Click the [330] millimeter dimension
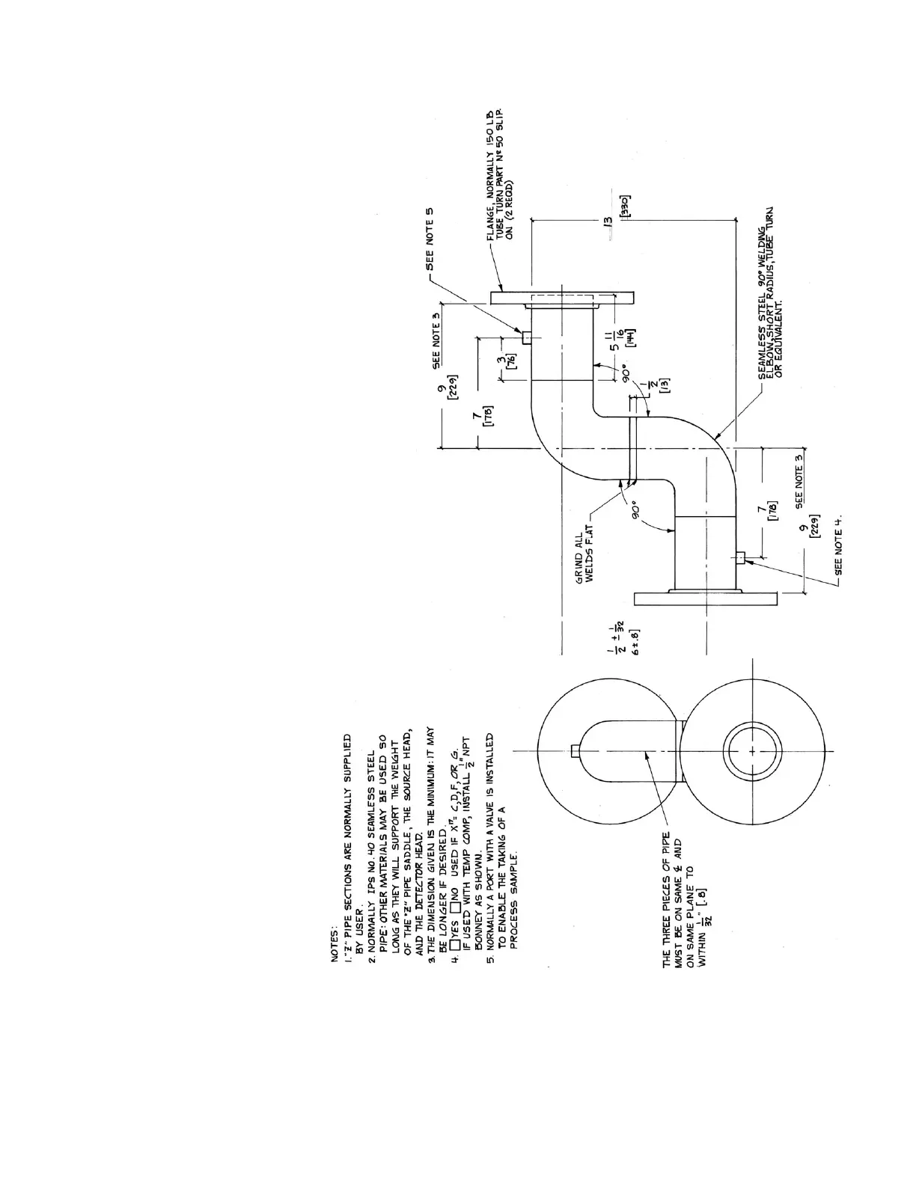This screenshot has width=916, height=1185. pyautogui.click(x=626, y=207)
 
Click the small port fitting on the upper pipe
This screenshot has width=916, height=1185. pyautogui.click(x=527, y=337)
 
